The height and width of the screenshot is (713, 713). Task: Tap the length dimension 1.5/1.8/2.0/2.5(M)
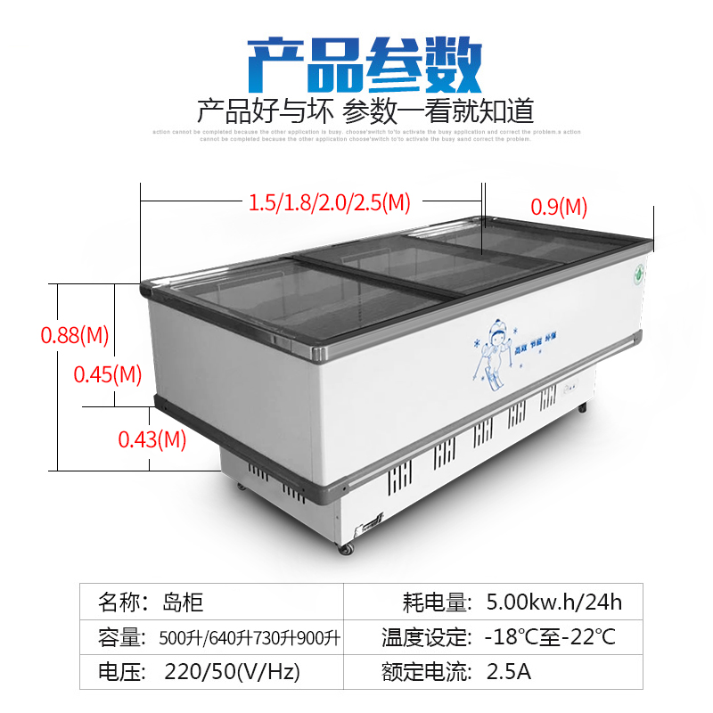click(329, 203)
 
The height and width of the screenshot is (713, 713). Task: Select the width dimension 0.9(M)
click(559, 207)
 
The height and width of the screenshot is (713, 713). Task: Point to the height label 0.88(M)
click(75, 336)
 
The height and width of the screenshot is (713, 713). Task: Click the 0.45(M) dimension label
click(107, 374)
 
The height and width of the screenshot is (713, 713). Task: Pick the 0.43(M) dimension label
click(152, 438)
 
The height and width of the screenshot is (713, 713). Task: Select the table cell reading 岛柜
click(184, 602)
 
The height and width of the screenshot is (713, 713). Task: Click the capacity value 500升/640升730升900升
click(250, 637)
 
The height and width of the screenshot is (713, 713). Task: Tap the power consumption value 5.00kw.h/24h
click(553, 602)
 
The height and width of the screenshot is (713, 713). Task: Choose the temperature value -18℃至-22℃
click(549, 637)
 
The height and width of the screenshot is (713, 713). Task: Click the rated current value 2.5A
click(508, 671)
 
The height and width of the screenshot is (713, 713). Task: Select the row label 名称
click(123, 602)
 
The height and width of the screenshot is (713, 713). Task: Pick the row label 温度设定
click(426, 637)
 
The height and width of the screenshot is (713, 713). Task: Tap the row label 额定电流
click(426, 671)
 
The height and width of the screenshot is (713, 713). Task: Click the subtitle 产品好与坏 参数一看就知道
click(365, 111)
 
